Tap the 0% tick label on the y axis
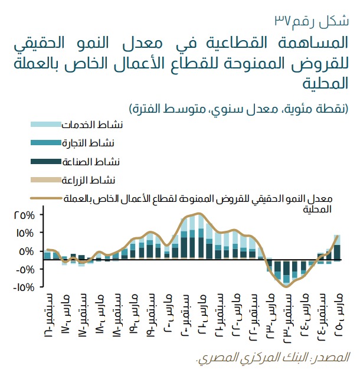pyautogui.click(x=27, y=251)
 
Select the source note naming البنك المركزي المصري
pyautogui.click(x=273, y=358)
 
